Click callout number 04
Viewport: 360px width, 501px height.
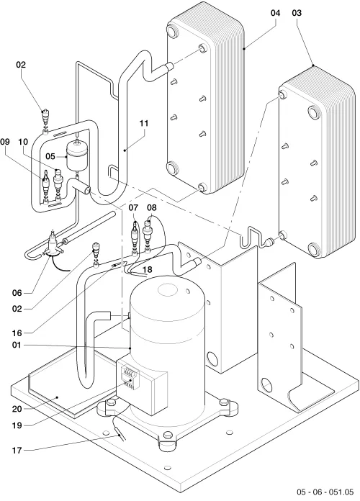tap(275, 13)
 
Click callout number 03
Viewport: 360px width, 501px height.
tap(297, 13)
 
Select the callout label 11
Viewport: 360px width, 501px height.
tap(144, 123)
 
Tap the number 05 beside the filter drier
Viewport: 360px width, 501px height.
tap(50, 157)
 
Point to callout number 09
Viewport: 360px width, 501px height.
tap(5, 142)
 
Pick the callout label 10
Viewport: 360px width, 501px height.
tap(23, 142)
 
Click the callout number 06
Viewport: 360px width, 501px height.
tap(17, 293)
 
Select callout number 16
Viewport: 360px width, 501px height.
tap(17, 333)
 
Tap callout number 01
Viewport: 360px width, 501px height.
tap(17, 346)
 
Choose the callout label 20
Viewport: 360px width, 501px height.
tap(17, 409)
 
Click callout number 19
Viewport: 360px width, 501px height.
tap(17, 425)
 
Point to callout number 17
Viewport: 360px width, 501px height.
tap(17, 451)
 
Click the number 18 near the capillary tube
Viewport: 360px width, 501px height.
tap(148, 270)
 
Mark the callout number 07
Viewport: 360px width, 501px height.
tap(134, 208)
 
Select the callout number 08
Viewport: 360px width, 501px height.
tap(152, 208)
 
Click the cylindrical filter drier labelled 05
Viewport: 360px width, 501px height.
tap(77, 157)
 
